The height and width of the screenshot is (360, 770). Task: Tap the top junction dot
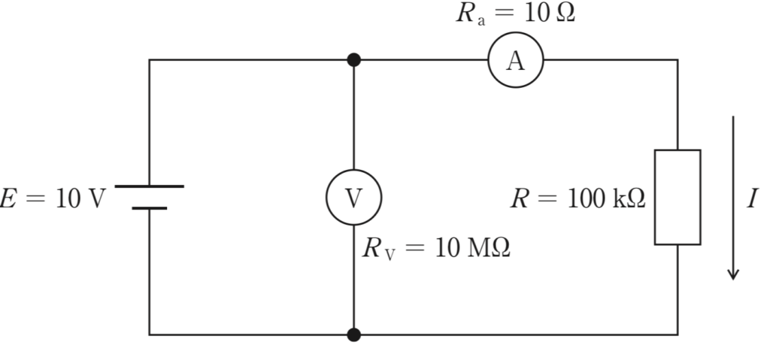pyautogui.click(x=353, y=60)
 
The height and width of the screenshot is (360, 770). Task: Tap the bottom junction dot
pyautogui.click(x=353, y=335)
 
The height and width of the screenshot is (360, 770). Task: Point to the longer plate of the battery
pyautogui.click(x=150, y=186)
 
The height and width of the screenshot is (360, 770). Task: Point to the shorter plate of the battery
pyautogui.click(x=150, y=208)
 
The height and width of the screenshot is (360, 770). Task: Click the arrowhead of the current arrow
pyautogui.click(x=733, y=274)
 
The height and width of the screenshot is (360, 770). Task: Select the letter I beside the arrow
pyautogui.click(x=752, y=199)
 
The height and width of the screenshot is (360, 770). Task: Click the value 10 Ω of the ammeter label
pyautogui.click(x=550, y=14)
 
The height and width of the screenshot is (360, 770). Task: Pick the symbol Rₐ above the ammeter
pyautogui.click(x=471, y=14)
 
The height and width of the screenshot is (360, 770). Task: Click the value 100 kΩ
pyautogui.click(x=606, y=199)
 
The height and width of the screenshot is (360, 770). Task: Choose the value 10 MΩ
pyautogui.click(x=472, y=248)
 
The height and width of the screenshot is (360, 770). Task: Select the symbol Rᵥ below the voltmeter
pyautogui.click(x=379, y=249)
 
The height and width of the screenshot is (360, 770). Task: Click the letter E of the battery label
pyautogui.click(x=6, y=199)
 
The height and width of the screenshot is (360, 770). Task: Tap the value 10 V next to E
pyautogui.click(x=80, y=199)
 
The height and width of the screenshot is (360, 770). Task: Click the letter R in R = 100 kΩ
pyautogui.click(x=520, y=199)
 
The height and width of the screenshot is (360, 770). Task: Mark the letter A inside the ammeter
pyautogui.click(x=516, y=62)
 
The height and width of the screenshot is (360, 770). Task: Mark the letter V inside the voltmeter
pyautogui.click(x=353, y=198)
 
